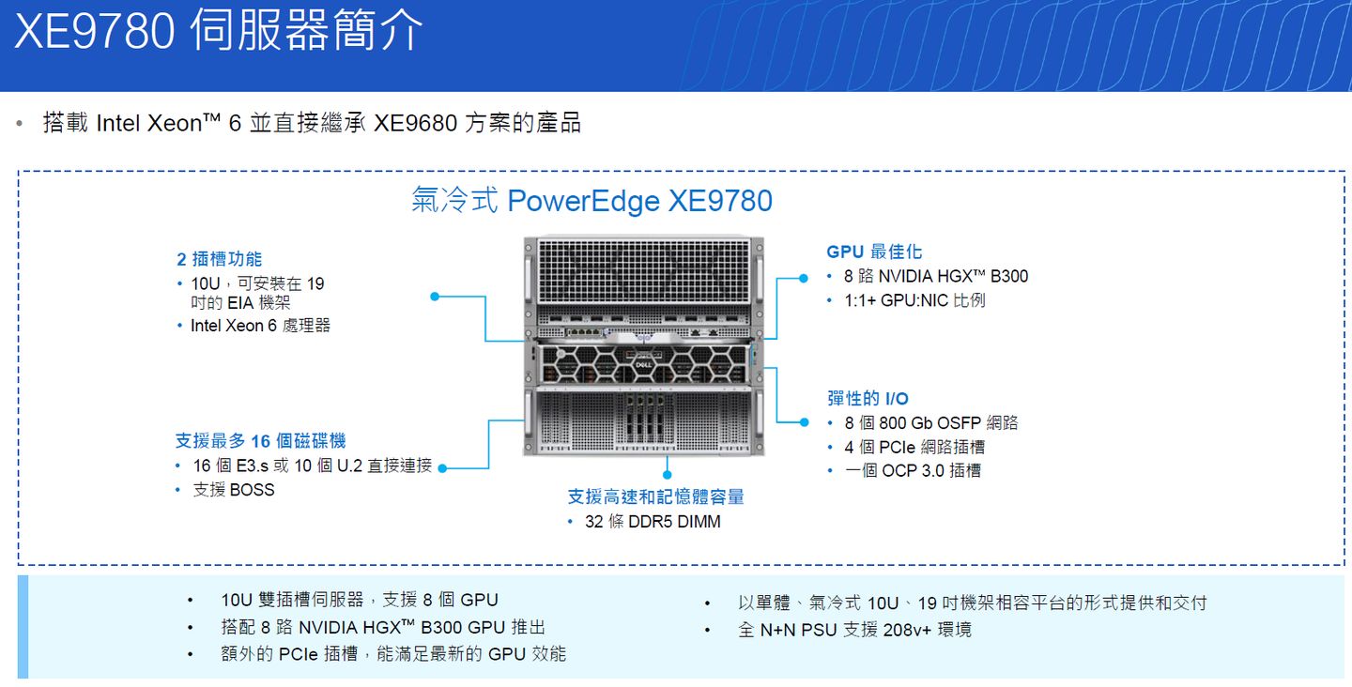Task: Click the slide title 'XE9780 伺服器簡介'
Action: point(218,30)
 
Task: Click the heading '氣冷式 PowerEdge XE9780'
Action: point(591,201)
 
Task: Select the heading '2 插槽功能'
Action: point(219,259)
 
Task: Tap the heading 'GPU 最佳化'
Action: point(874,252)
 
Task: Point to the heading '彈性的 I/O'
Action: point(868,398)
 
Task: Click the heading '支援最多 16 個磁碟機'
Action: point(260,441)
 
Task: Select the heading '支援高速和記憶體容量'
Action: point(655,496)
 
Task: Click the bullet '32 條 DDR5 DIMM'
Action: point(653,522)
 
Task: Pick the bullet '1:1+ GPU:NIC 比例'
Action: point(914,300)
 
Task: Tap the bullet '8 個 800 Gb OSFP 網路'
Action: point(930,423)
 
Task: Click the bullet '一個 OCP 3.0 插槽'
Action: point(913,470)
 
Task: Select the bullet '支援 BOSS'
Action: point(234,490)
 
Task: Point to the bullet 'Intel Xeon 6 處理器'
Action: point(260,326)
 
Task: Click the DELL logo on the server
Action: point(643,365)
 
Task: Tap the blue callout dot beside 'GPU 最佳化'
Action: point(804,278)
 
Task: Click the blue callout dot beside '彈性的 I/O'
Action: point(804,422)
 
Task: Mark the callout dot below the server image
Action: point(667,475)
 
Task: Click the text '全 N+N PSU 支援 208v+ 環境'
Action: point(854,631)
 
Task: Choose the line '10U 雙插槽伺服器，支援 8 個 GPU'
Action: point(359,600)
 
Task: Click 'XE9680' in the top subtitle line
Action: point(415,123)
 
